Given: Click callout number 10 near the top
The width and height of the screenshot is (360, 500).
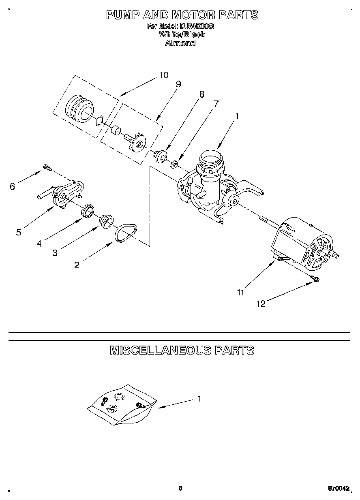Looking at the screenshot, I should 163,75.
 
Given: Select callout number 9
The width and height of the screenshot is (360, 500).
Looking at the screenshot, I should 178,84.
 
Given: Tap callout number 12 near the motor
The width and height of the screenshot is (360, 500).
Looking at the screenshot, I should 261,304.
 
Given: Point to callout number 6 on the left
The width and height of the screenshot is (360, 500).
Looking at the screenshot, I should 12,186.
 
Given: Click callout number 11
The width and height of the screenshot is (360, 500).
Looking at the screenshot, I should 241,292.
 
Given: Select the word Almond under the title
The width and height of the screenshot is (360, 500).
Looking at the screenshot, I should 180,43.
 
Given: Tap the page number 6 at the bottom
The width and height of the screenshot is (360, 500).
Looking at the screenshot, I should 180,488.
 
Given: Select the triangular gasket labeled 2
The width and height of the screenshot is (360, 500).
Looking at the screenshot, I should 125,234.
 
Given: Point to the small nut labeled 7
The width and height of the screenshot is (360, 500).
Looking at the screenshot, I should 174,164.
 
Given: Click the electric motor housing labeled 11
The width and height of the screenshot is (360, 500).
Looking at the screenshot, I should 300,243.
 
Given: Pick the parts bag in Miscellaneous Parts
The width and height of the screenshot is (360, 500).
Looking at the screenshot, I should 122,405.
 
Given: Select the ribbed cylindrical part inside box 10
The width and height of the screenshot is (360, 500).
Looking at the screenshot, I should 79,109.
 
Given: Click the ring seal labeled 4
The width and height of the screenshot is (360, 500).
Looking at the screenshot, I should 88,211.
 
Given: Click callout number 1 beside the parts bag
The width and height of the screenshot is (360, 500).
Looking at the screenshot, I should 199,399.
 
